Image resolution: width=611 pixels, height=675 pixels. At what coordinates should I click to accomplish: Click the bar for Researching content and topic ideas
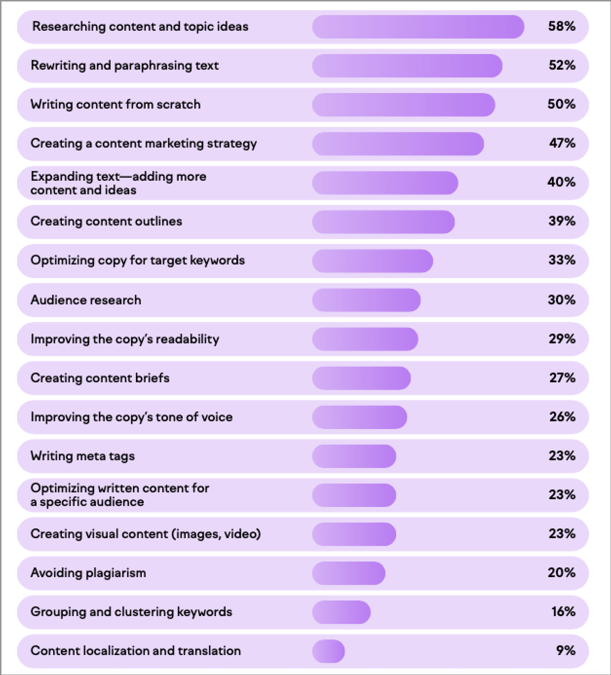418,27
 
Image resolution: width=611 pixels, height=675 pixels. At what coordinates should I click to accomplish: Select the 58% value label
561,26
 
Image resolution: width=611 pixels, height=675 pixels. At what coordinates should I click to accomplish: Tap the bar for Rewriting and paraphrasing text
407,66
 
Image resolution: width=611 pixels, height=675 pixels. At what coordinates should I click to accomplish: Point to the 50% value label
561,104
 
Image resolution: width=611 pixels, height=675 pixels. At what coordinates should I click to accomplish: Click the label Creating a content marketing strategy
143,144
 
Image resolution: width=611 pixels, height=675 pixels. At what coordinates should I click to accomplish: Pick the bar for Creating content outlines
383,222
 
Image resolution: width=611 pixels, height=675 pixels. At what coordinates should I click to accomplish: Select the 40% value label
561,182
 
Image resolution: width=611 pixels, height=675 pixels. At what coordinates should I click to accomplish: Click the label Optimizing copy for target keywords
137,261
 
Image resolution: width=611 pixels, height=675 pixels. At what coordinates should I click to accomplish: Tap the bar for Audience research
366,300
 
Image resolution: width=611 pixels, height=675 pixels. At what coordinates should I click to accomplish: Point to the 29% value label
562,339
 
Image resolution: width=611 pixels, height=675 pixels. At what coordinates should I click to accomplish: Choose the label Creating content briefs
100,378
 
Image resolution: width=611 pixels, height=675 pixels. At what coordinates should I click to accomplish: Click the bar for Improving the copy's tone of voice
360,417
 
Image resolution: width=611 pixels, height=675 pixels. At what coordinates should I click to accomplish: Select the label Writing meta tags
82,456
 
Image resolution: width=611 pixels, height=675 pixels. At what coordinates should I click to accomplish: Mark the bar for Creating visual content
354,534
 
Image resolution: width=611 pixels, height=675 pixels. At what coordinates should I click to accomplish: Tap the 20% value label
561,573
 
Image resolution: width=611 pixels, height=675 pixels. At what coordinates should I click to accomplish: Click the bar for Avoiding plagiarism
348,573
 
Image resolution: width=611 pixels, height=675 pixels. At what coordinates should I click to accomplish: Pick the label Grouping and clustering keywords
131,612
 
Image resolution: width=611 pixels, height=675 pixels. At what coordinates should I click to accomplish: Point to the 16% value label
563,612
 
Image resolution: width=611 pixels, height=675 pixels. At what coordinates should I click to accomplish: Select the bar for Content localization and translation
328,651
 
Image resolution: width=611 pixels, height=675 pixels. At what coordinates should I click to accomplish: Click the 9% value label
565,651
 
